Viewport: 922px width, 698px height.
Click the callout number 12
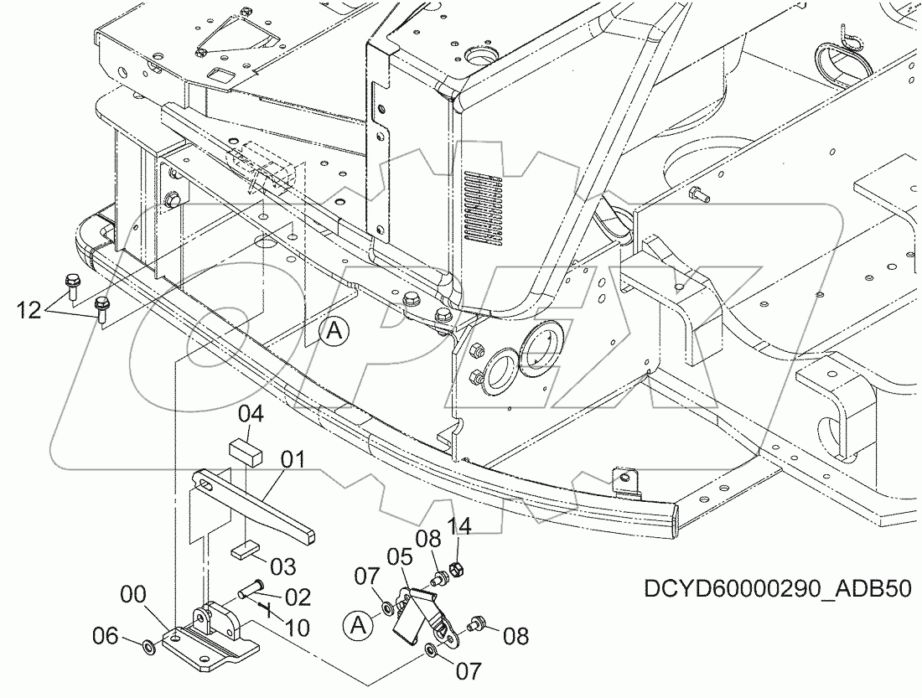click(x=28, y=312)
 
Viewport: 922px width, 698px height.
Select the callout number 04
click(x=251, y=413)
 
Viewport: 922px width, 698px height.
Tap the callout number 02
click(x=298, y=597)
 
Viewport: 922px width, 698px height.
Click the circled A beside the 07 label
click(x=356, y=624)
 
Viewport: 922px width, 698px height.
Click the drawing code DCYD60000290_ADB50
click(x=776, y=587)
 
